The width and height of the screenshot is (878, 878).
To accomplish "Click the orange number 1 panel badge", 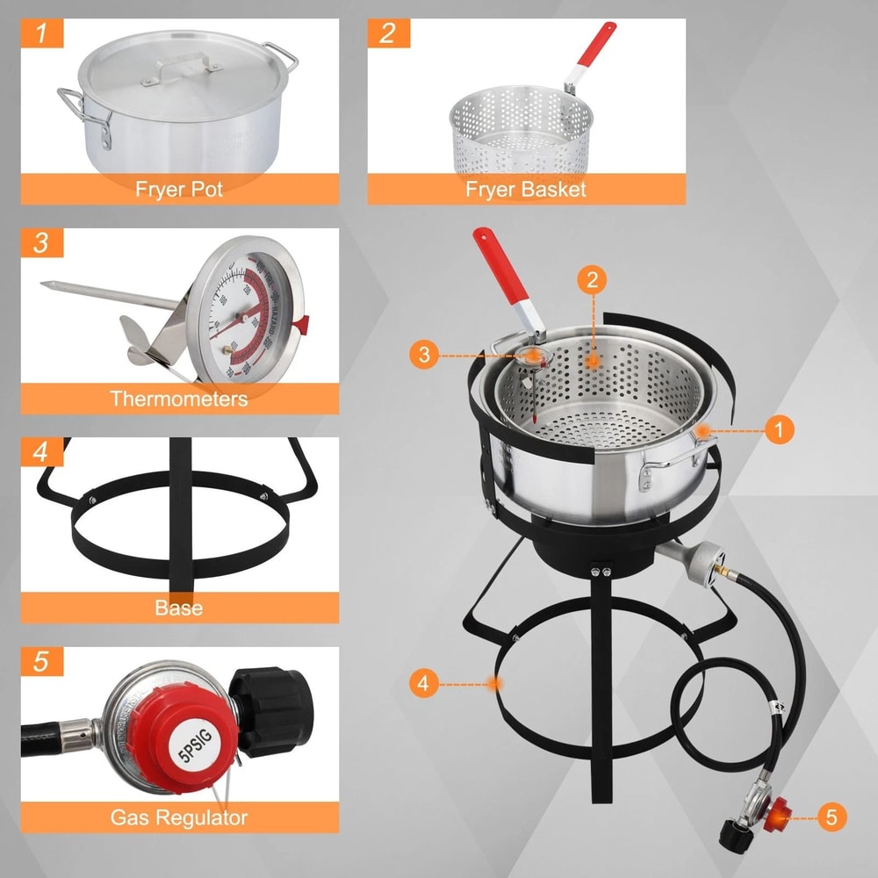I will coord(42,34).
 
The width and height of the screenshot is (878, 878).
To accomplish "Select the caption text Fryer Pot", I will coord(179,189).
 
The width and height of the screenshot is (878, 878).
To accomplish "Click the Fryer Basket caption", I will coord(525,189).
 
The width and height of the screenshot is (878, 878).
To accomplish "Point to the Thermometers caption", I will coord(179,399).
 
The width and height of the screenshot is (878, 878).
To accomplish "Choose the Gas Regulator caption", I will coord(179,818).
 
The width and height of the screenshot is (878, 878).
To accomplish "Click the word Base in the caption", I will coord(179,608).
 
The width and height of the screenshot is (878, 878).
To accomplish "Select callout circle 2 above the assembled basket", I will coord(593,280).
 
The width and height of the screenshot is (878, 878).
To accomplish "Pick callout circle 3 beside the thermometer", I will coord(424,355).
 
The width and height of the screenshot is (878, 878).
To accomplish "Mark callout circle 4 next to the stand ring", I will coord(424,683).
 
